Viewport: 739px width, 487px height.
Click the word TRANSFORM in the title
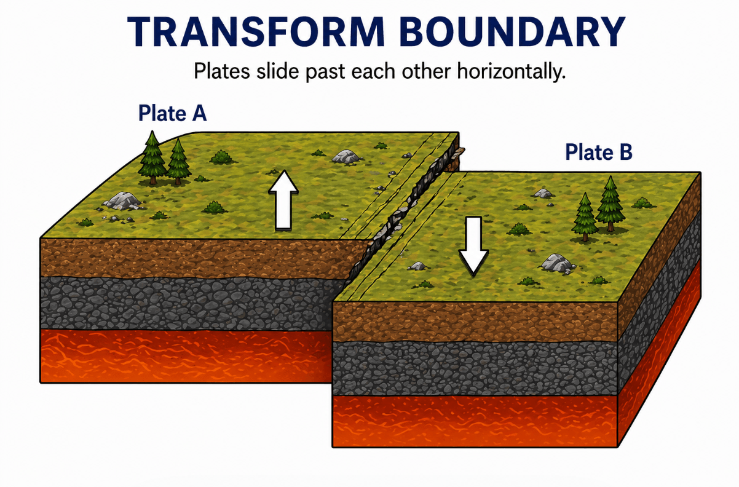[256, 32]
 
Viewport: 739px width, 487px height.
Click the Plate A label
[172, 113]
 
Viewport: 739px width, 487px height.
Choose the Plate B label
[598, 152]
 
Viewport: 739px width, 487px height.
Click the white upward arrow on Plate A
[283, 200]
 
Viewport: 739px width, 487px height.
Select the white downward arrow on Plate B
[473, 246]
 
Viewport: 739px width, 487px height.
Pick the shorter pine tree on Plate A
[178, 161]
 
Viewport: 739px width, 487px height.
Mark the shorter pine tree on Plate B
[585, 217]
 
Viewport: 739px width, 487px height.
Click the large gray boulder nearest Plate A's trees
[122, 200]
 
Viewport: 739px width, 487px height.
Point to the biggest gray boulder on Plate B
[558, 263]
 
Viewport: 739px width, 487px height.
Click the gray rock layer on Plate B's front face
[475, 368]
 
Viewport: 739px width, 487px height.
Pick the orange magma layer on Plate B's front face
[475, 421]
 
